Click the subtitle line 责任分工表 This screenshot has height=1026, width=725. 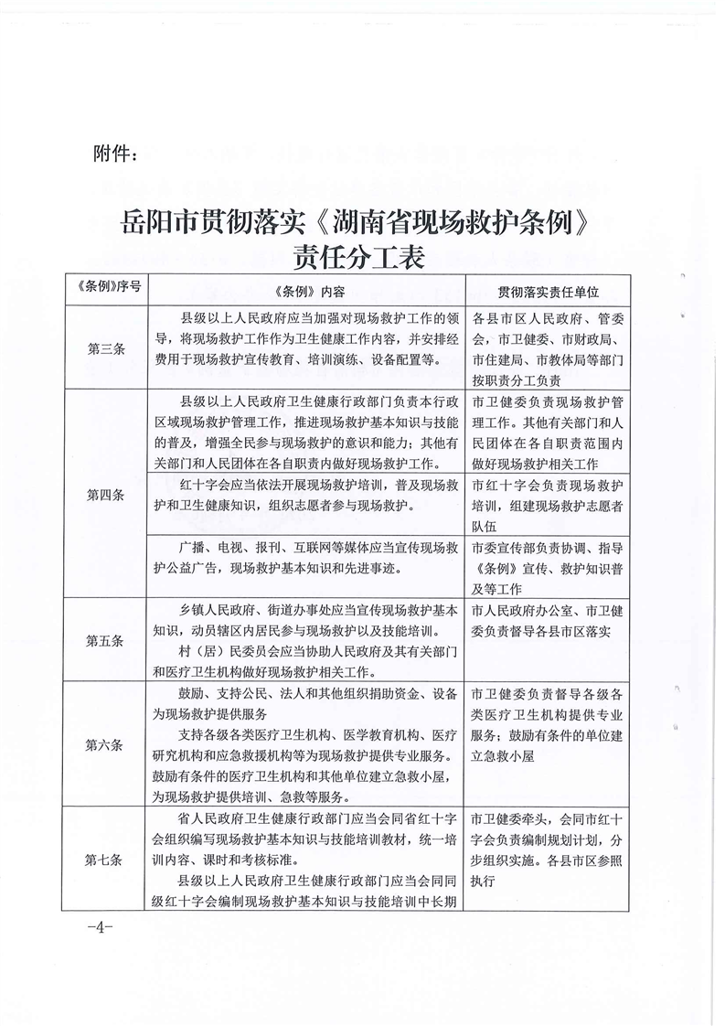(x=360, y=257)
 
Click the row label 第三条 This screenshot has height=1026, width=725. (x=105, y=348)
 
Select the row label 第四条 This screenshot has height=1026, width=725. (x=105, y=495)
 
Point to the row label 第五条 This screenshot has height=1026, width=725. (x=105, y=640)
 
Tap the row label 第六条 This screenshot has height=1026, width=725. (x=105, y=744)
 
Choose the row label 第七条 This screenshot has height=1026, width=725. (x=105, y=859)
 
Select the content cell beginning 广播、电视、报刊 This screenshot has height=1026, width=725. (x=308, y=557)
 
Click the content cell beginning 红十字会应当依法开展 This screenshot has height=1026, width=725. (x=308, y=495)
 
